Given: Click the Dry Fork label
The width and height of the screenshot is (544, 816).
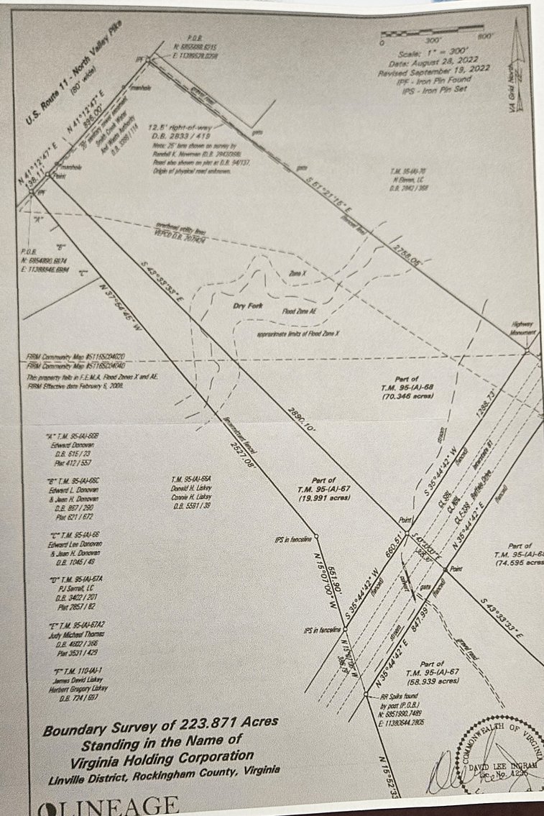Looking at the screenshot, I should click(x=246, y=306).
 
